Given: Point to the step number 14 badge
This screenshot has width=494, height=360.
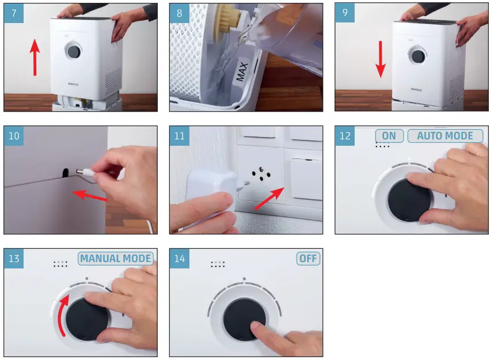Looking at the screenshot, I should [x=180, y=259].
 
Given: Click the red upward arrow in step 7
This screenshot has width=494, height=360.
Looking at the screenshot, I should [x=36, y=57].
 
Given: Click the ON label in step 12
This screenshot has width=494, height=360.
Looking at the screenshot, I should [x=389, y=136].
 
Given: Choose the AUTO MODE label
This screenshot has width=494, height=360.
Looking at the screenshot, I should [x=445, y=136].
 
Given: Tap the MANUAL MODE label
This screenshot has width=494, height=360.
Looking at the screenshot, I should [x=116, y=258].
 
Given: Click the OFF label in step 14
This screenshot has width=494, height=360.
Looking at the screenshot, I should [x=308, y=258].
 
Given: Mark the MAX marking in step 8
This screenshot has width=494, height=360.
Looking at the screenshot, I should [x=242, y=73].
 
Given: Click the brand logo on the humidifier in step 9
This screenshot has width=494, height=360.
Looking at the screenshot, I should [x=417, y=90].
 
